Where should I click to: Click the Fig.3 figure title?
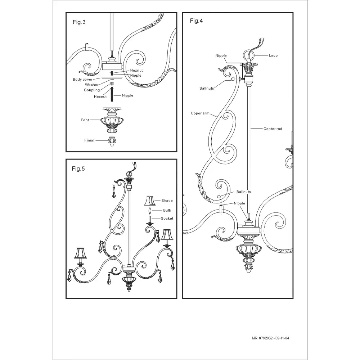79,22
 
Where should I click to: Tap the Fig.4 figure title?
196,21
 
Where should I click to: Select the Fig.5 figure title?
78,168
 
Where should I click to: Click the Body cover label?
82,80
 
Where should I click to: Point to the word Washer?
92,85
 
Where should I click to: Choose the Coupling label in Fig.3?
92,90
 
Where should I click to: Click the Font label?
85,120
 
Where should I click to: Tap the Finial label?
89,140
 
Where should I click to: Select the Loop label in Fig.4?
273,55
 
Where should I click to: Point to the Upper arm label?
200,113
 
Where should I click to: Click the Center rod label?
273,129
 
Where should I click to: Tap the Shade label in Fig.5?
167,201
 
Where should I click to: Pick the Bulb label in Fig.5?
167,210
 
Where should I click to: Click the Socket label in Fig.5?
167,219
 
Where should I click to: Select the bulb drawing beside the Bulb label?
150,210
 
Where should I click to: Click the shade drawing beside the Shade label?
149,201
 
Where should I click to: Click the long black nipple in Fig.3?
112,94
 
